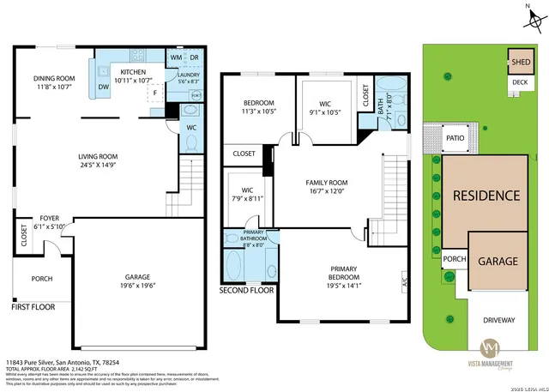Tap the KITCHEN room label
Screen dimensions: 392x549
click(x=136, y=72)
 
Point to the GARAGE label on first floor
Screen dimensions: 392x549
click(x=136, y=277)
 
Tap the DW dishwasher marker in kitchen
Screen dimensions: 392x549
click(x=102, y=86)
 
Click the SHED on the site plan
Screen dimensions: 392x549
click(x=521, y=62)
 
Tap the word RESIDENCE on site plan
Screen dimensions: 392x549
click(x=486, y=196)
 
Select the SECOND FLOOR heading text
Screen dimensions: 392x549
click(x=247, y=290)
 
